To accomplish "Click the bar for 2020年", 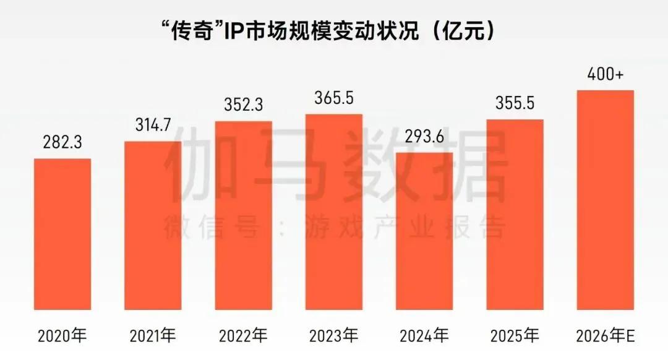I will [62, 234].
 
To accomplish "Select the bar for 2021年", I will [153, 225].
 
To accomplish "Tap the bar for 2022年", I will [243, 215].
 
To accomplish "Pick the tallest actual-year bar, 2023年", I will [334, 212].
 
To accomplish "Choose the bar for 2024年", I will [424, 231].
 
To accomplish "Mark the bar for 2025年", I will [515, 214].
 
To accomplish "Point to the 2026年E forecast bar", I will [605, 200].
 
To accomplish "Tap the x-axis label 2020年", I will [62, 336].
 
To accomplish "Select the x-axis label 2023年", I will [334, 336].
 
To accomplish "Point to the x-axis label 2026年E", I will [605, 336].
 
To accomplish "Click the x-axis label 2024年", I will [424, 336].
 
